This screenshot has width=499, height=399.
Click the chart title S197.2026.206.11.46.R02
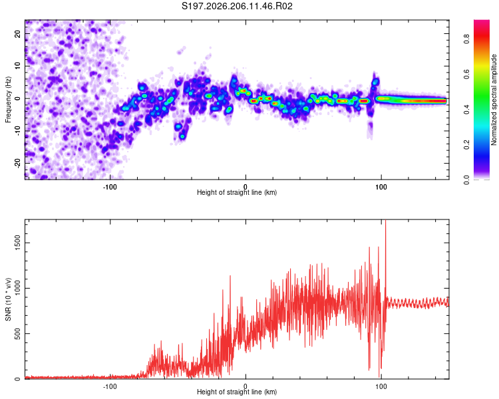tap(237, 6)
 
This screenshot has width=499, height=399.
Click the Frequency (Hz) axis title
tap(8, 99)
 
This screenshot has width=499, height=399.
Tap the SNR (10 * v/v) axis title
tap(8, 299)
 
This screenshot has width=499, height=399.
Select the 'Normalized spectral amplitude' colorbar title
tap(494, 100)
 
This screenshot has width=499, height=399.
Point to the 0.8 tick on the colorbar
tap(467, 39)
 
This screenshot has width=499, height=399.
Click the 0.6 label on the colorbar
tap(467, 74)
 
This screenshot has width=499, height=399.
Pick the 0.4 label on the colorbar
tap(467, 110)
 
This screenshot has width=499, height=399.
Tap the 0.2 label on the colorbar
tap(467, 145)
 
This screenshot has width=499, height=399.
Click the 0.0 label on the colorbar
tap(467, 180)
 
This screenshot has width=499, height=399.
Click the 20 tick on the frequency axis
tap(17, 33)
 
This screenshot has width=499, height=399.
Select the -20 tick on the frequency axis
tap(17, 163)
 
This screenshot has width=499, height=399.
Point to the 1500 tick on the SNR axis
tap(17, 243)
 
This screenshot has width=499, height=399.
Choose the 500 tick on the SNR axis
tap(17, 333)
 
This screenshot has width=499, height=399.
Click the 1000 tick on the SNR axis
tap(17, 288)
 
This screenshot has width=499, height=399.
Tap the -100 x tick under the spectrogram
tap(110, 187)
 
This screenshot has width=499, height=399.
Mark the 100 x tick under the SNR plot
tap(381, 386)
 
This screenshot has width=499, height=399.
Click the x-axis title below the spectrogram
tap(237, 192)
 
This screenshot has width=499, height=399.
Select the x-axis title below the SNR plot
tap(237, 392)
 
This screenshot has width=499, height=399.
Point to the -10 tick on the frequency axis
tap(17, 131)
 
